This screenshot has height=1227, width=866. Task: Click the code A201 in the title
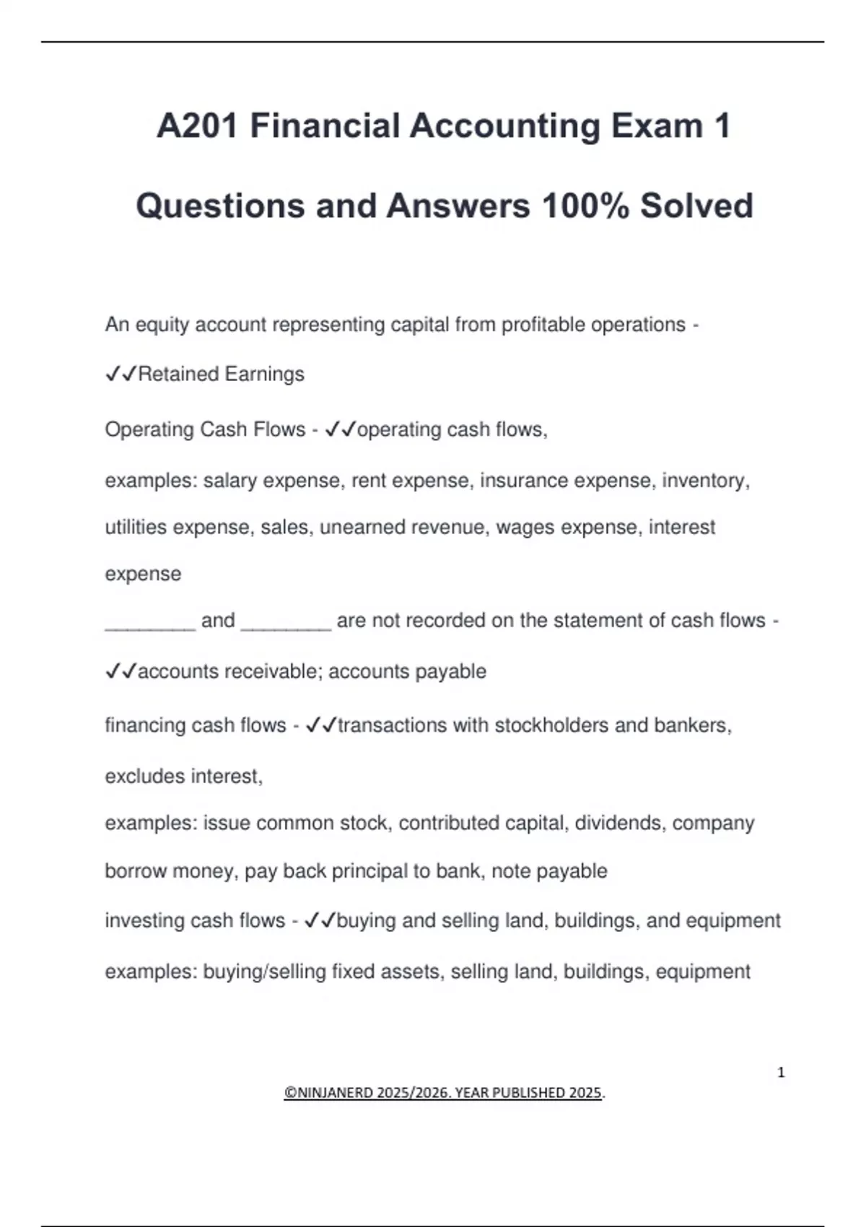click(x=197, y=126)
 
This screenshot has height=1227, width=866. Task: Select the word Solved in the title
click(x=696, y=206)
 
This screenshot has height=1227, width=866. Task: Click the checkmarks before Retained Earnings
click(x=121, y=374)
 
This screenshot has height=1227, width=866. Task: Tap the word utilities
click(x=136, y=528)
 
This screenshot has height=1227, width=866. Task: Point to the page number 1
click(x=781, y=1073)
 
